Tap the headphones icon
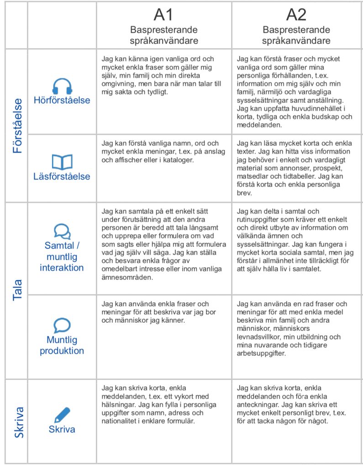tap(62, 86)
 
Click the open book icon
tap(62, 162)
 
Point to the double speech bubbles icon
tap(62, 231)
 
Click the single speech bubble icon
tap(62, 325)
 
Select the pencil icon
tap(62, 414)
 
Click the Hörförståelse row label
tap(62, 100)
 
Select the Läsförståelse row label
tap(62, 176)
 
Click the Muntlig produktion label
tap(62, 345)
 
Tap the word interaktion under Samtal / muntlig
tap(62, 267)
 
